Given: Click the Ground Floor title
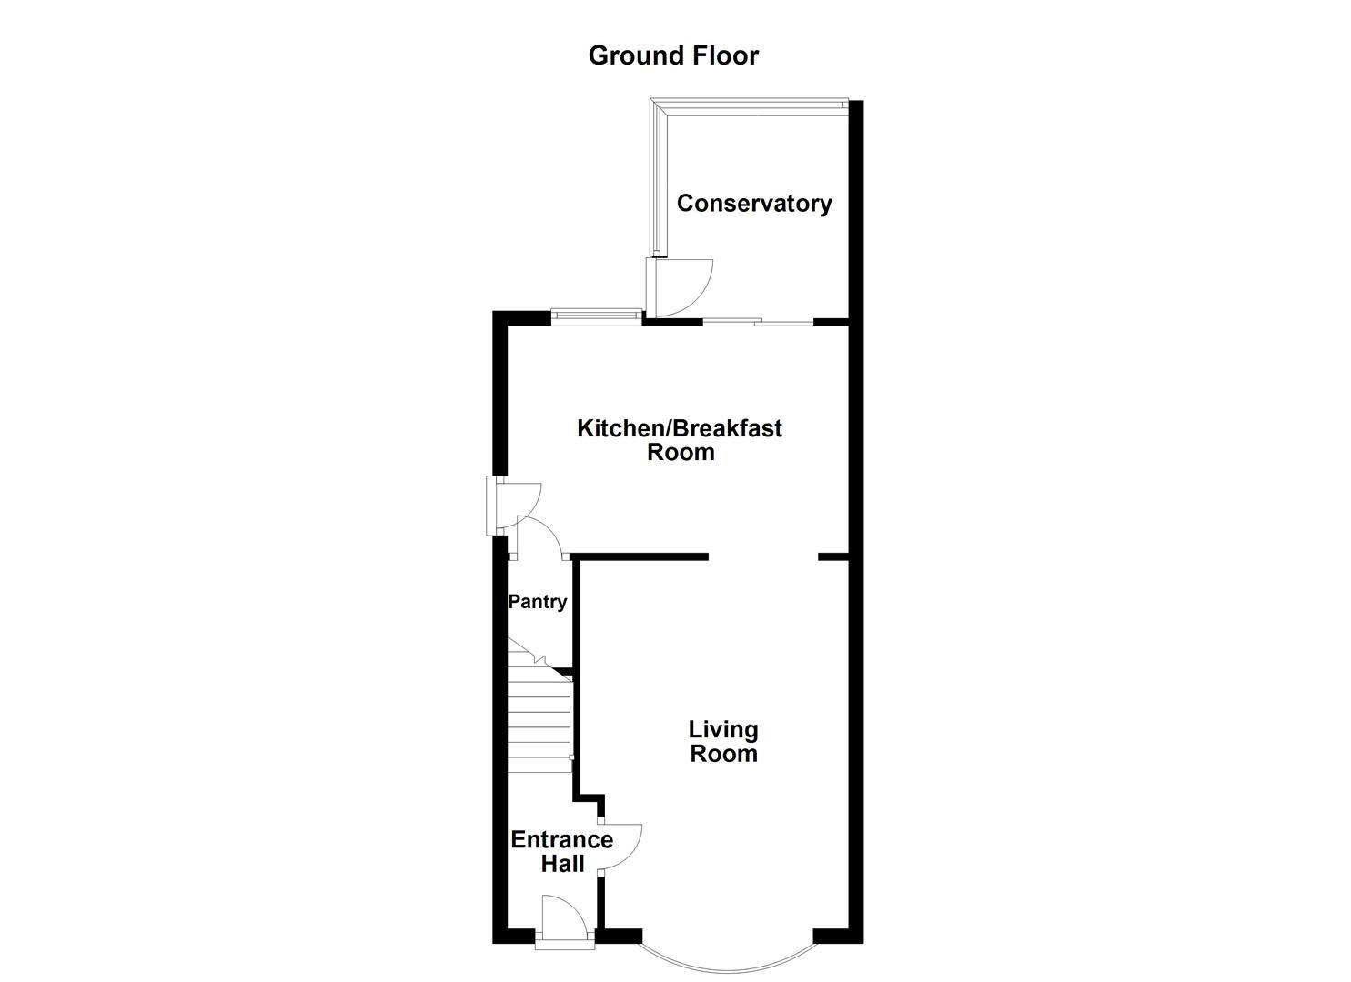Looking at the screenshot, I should tap(673, 55).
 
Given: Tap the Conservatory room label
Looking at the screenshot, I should tap(754, 203).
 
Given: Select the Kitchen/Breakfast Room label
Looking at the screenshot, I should tap(680, 440).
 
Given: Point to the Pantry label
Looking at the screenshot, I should tap(537, 601).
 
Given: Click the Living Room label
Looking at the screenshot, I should tap(723, 741).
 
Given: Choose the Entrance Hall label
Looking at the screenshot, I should tap(561, 851).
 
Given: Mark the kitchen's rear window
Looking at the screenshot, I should tap(596, 316).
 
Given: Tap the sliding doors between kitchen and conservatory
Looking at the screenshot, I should tap(758, 321).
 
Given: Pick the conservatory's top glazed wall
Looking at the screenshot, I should tap(751, 105).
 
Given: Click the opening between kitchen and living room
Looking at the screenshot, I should tap(762, 556).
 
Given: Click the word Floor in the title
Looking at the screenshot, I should tap(722, 55).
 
